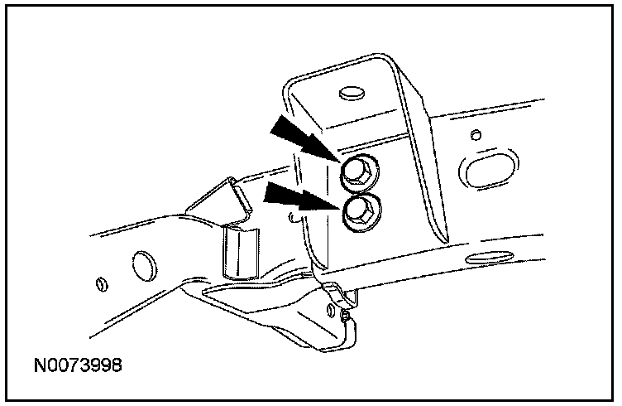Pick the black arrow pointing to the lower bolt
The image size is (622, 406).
point(298,200)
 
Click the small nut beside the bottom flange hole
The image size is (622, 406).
point(344,315)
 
